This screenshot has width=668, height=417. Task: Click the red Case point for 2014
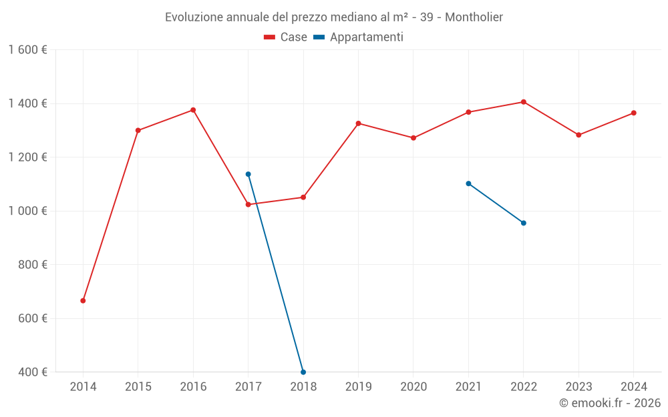pyautogui.click(x=83, y=301)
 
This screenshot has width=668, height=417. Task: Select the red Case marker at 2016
pyautogui.click(x=193, y=110)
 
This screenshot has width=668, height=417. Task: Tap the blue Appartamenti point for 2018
pyautogui.click(x=303, y=372)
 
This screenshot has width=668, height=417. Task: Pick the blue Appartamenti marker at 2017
pyautogui.click(x=248, y=174)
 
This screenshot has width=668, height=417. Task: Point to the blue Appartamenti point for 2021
pyautogui.click(x=468, y=183)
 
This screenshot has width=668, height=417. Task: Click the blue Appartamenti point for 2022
pyautogui.click(x=524, y=223)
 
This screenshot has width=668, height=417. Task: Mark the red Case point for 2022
pyautogui.click(x=524, y=102)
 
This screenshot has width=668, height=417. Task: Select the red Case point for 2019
pyautogui.click(x=359, y=123)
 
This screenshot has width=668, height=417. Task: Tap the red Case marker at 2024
pyautogui.click(x=634, y=113)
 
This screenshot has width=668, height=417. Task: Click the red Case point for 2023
pyautogui.click(x=578, y=135)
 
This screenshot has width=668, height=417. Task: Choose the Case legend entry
pyautogui.click(x=286, y=37)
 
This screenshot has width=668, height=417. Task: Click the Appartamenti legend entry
pyautogui.click(x=359, y=37)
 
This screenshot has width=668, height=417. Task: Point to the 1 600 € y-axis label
pyautogui.click(x=28, y=50)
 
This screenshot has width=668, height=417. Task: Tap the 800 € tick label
pyautogui.click(x=31, y=265)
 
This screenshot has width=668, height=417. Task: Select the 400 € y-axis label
pyautogui.click(x=31, y=372)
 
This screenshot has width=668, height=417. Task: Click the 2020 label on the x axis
pyautogui.click(x=413, y=387)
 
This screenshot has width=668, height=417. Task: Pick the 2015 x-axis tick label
pyautogui.click(x=138, y=387)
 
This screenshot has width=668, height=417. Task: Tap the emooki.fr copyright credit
pyautogui.click(x=610, y=403)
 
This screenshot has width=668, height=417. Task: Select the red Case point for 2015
pyautogui.click(x=138, y=130)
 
